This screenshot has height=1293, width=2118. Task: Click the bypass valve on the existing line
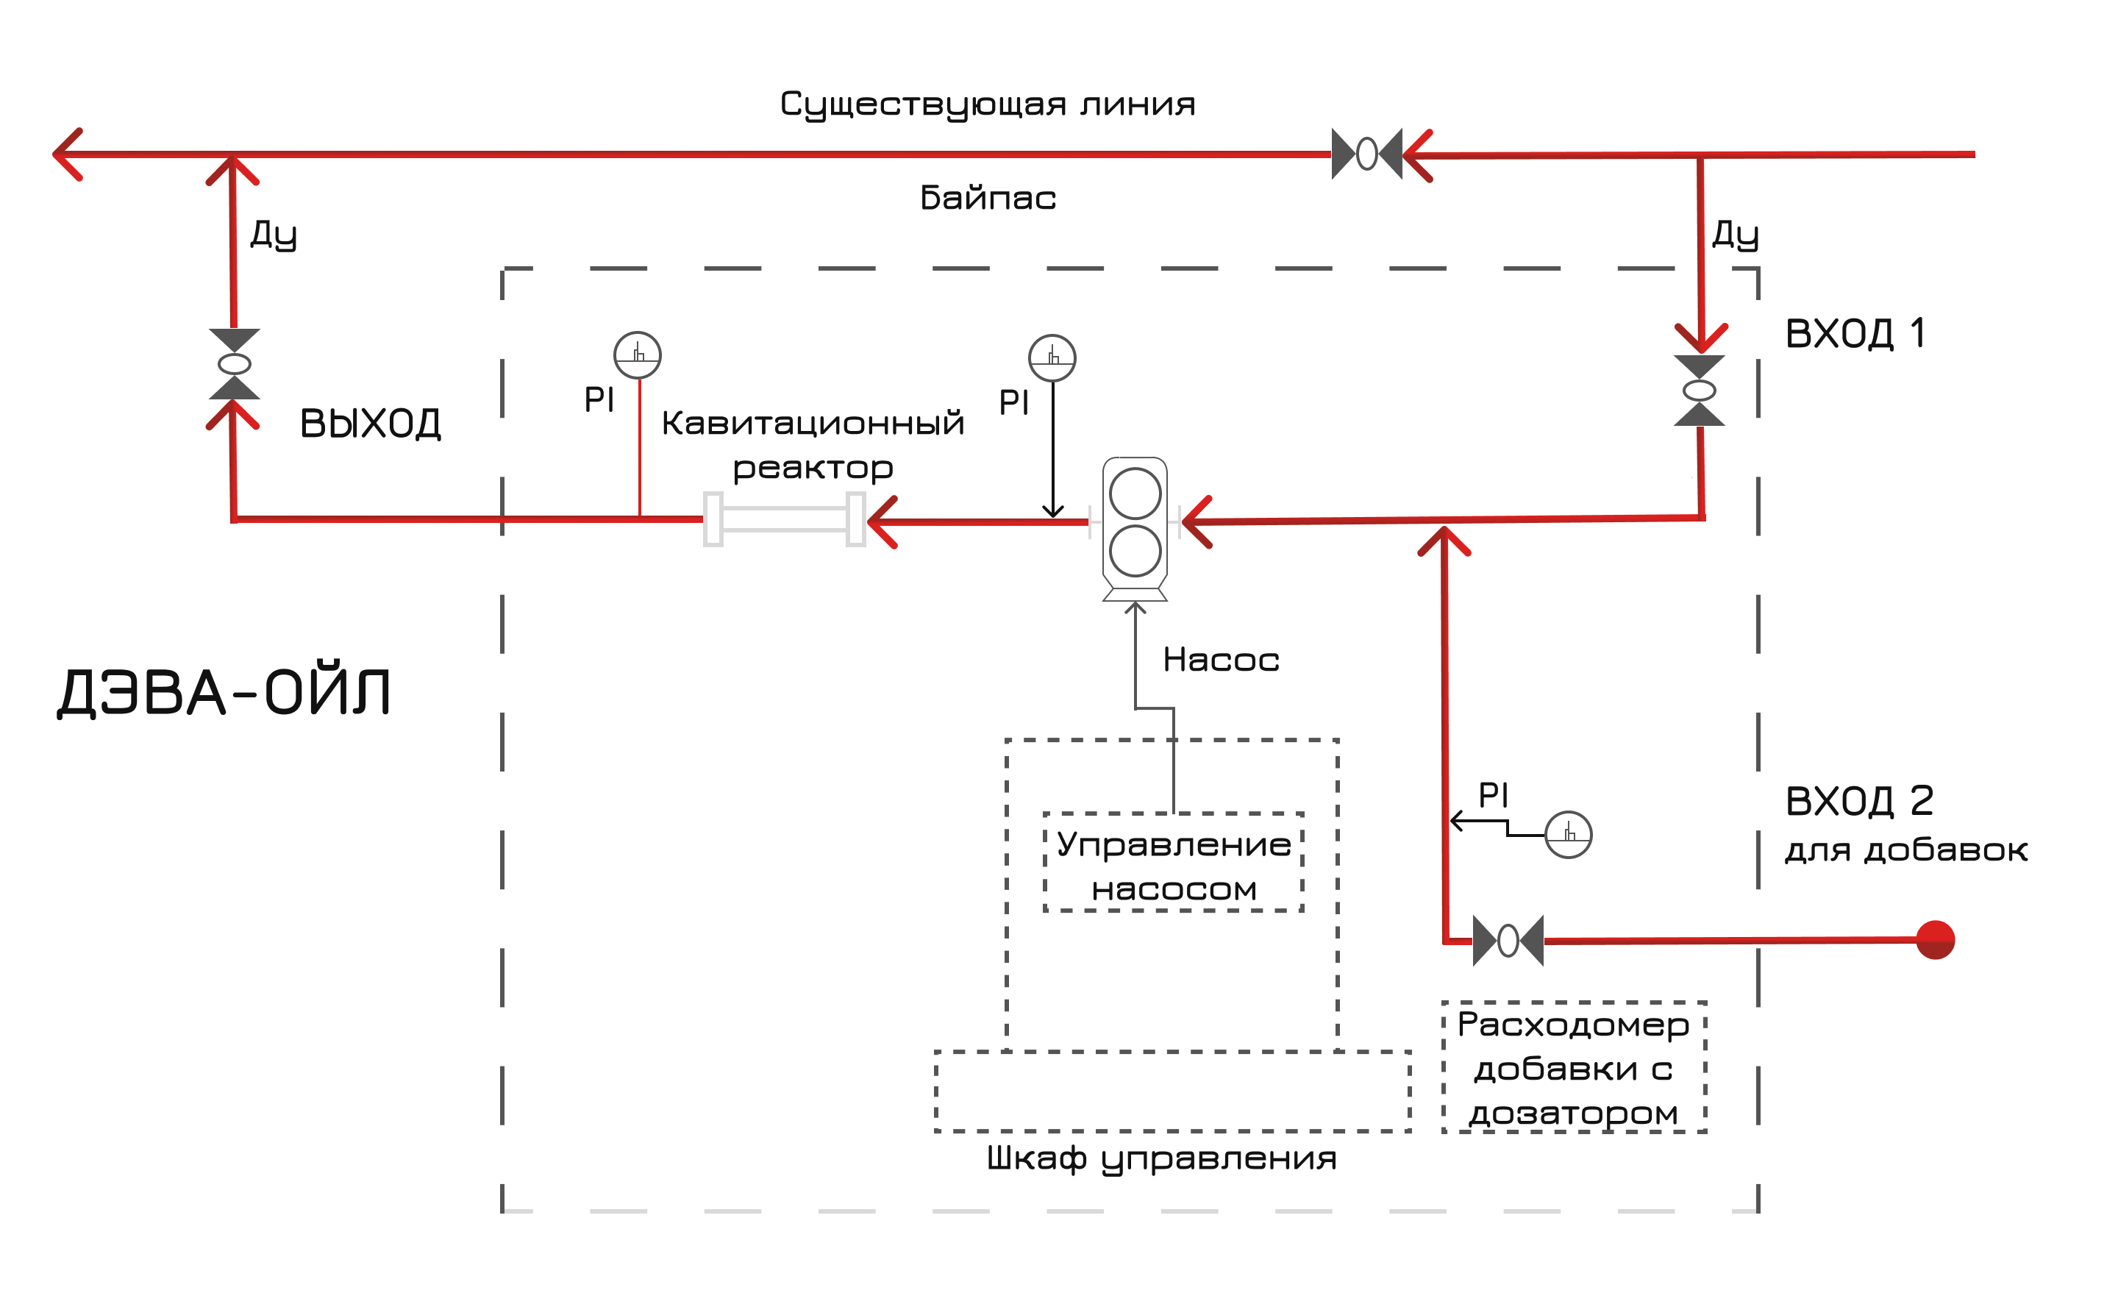(1366, 154)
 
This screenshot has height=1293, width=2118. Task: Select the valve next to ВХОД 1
(1700, 391)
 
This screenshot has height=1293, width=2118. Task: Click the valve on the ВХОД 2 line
(1508, 941)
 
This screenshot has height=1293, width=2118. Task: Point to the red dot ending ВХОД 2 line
(1936, 940)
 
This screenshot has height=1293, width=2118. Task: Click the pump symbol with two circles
(1135, 524)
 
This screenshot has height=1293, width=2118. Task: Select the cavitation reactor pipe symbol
(784, 519)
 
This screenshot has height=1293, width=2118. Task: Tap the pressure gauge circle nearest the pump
(1052, 357)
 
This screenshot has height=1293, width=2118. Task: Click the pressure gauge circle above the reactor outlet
(637, 355)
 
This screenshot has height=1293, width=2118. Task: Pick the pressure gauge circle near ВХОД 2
(1568, 835)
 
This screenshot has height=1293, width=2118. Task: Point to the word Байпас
(988, 199)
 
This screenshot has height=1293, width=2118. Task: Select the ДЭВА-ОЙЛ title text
(224, 692)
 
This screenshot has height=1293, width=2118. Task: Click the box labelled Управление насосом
(1173, 866)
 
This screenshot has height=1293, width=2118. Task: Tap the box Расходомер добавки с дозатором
(1573, 1067)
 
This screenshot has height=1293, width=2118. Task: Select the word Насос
(1221, 660)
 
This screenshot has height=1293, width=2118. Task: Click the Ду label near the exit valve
(274, 233)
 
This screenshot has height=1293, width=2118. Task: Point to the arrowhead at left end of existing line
(67, 154)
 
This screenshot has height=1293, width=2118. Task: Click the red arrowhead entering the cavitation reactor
(882, 522)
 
